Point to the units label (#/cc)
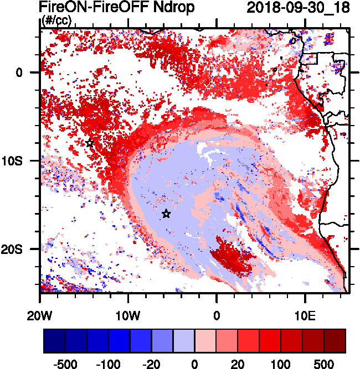56,20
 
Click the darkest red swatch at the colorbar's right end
335,341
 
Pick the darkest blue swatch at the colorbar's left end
54,341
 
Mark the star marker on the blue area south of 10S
166,214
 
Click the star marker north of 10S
90,143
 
